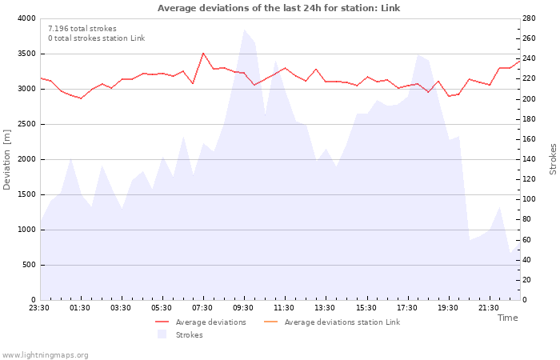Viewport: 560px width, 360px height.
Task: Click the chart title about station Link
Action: tap(278, 8)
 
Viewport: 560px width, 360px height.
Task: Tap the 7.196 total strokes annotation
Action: tap(82, 29)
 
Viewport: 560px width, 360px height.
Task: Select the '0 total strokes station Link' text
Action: tap(96, 38)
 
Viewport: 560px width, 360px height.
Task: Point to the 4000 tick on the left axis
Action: tap(26, 18)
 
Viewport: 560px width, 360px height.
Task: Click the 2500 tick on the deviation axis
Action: tap(26, 124)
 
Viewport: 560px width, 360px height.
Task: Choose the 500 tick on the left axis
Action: tap(29, 265)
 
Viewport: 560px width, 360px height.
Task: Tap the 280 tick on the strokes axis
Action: tap(530, 18)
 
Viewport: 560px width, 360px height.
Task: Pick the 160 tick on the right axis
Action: tap(530, 139)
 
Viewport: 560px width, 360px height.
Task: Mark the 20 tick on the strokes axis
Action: tap(528, 280)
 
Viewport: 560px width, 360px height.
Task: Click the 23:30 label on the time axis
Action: tap(40, 308)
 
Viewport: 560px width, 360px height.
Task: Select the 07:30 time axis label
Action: tap(202, 308)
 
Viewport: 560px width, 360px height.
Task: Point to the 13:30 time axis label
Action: tap(325, 308)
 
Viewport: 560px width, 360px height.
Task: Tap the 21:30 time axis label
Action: tap(488, 308)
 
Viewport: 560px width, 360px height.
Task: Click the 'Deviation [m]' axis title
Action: tap(8, 159)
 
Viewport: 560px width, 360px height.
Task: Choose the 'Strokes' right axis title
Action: tap(553, 159)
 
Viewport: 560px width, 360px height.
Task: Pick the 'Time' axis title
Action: tap(507, 318)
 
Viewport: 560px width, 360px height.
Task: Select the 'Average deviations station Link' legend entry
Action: tap(342, 322)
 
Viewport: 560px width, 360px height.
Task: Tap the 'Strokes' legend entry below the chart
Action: tap(189, 335)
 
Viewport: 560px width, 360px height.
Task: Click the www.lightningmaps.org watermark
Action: tap(46, 354)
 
